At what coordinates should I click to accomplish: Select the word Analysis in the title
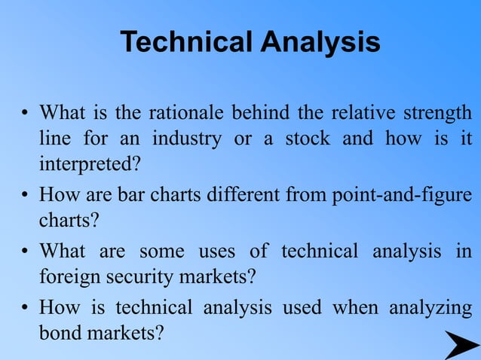pyautogui.click(x=320, y=43)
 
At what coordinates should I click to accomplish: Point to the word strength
pyautogui.click(x=438, y=115)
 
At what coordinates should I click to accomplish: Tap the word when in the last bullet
pyautogui.click(x=354, y=309)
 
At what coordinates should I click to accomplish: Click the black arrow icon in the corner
pyautogui.click(x=460, y=344)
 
